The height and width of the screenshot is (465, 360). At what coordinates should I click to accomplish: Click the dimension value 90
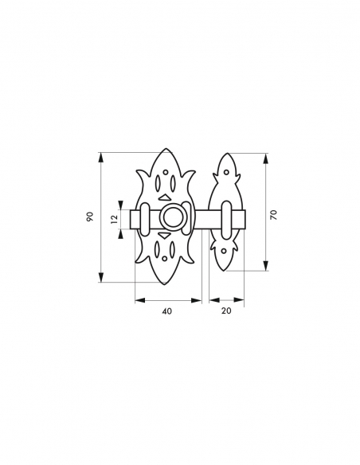[90, 217]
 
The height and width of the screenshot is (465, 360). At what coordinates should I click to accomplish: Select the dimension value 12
[115, 218]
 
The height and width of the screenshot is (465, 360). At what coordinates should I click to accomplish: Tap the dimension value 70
[274, 214]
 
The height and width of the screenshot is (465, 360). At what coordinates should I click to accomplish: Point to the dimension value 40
[167, 311]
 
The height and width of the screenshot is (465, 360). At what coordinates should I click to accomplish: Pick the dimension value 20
[226, 311]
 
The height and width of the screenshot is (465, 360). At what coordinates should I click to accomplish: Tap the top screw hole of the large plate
[166, 172]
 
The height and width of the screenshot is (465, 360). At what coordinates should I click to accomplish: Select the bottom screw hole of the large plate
[165, 258]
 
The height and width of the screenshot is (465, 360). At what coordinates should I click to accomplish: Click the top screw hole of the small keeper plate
[226, 172]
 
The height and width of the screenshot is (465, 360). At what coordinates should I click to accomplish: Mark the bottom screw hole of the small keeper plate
[224, 251]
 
